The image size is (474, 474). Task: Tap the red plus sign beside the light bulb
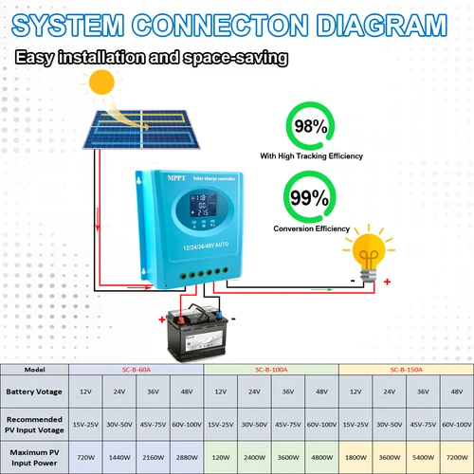388,282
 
